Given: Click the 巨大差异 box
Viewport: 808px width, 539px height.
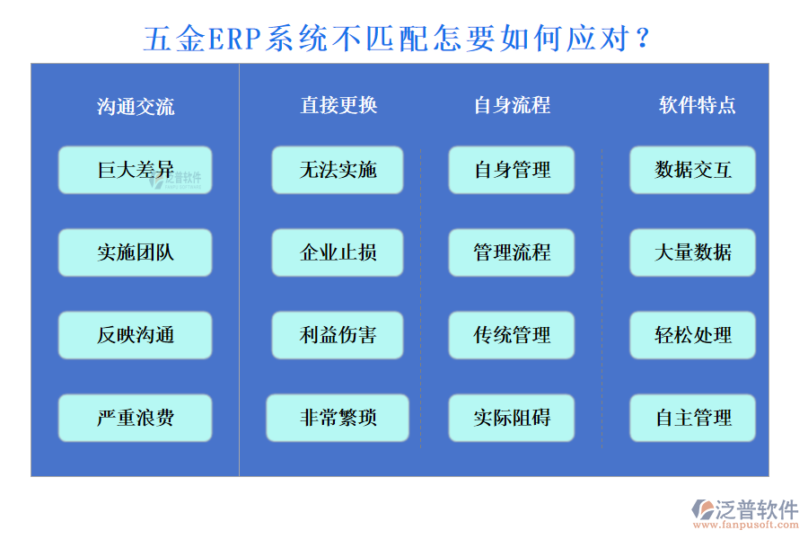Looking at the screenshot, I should pos(135,170).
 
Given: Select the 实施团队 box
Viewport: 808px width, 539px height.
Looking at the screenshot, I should pos(135,252).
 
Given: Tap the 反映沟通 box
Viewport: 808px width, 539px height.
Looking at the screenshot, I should pos(135,335).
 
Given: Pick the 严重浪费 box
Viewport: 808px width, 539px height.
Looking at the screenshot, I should pos(135,418).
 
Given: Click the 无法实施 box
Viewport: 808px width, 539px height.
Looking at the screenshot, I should pos(338,170).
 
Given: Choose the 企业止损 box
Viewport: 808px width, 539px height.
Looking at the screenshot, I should pos(338,252).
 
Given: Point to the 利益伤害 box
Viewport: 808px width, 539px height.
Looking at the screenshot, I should pos(338,335).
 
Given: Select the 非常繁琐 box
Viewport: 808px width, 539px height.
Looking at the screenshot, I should pos(338,418).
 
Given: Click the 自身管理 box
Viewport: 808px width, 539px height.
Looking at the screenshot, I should pos(512,170).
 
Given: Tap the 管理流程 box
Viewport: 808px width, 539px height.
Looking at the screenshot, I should pos(512,252).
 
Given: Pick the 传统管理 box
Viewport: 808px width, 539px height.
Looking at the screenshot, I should pos(512,335).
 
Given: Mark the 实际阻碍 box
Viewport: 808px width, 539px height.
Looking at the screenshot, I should pos(512,418).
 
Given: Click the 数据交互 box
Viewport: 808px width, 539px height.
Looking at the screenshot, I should pos(692,170).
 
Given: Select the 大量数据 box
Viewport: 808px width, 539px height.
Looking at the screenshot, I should pos(692,252).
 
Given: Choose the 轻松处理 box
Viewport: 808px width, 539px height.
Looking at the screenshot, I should pos(692,335).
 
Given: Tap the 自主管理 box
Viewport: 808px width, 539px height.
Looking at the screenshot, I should pos(692,418).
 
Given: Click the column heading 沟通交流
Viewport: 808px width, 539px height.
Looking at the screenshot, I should pos(136,107).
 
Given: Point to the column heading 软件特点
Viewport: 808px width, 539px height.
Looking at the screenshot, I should pos(697,105).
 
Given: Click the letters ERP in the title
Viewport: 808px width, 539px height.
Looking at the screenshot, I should pos(235,40).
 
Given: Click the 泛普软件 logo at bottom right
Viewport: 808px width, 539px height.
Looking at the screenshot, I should pos(744,513).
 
